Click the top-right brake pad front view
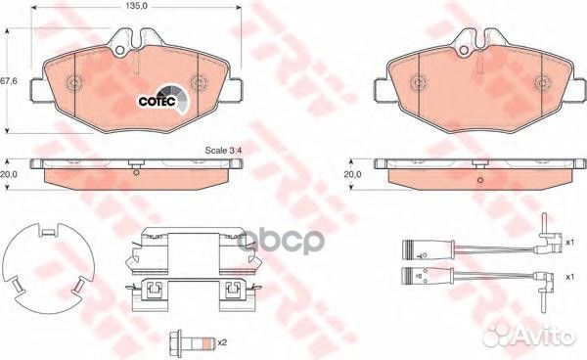477,78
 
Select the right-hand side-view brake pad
477,173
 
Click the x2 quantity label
222,341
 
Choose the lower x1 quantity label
567,278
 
